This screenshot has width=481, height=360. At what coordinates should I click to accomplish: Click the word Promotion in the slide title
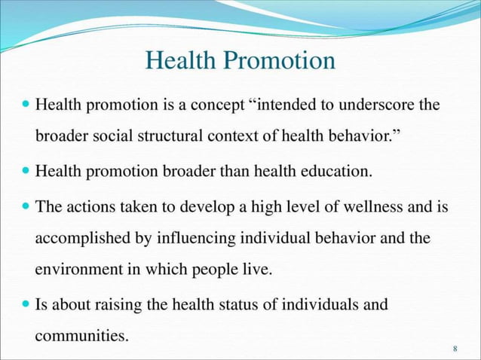(282, 61)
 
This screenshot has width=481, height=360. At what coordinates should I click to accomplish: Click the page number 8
(455, 349)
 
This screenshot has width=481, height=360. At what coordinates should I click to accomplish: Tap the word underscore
(381, 105)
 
